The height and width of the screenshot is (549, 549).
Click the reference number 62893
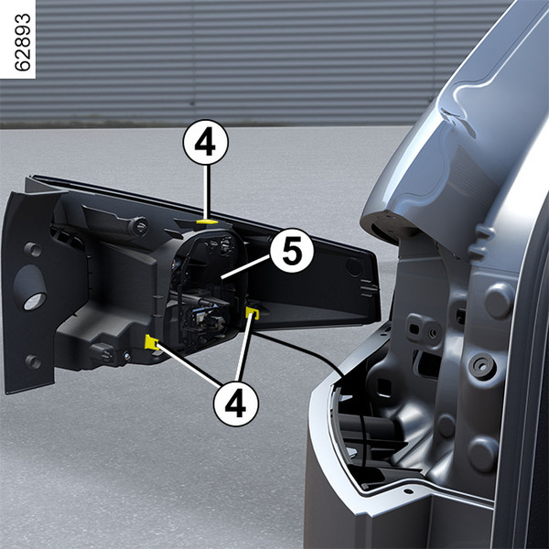coord(22,42)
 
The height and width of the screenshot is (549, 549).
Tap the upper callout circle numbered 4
coord(206,143)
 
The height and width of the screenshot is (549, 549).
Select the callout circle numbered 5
coord(292,251)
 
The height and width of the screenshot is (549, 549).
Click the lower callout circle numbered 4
coord(236,404)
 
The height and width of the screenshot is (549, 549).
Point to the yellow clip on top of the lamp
coord(207,221)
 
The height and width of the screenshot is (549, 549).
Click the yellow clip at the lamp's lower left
coord(151,342)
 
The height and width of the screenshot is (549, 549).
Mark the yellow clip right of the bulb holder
coord(253,313)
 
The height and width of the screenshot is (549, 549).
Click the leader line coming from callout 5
coord(246,267)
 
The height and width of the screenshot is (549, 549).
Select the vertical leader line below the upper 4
coord(208,192)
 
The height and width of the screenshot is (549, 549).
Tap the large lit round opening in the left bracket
coord(35,301)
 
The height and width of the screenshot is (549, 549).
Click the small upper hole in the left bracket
coord(33,249)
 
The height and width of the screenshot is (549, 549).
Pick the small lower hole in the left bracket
coord(33,361)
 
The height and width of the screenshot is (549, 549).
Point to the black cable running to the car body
coord(301,350)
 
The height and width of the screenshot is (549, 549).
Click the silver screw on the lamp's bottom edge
coord(127,357)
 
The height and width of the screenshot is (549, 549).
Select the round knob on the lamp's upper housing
coord(139,226)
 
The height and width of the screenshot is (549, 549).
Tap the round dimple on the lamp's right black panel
coord(353,267)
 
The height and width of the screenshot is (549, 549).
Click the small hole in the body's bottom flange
coord(408,491)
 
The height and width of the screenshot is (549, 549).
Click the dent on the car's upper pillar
coord(458,117)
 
